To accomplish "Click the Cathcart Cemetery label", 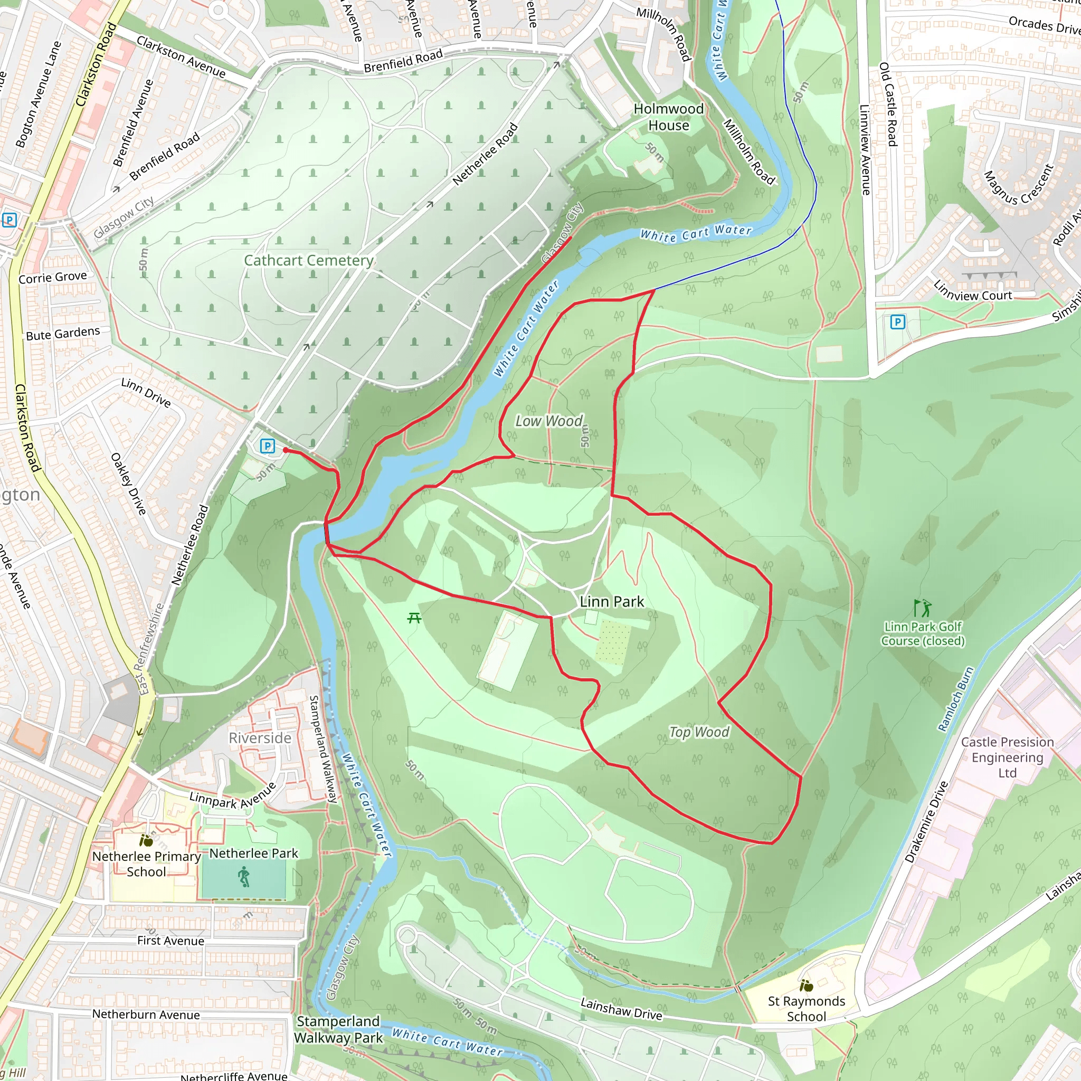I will [308, 260].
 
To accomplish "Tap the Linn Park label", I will [612, 602].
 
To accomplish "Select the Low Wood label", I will [549, 421].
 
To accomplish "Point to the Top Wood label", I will [699, 732].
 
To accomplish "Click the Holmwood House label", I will [669, 117].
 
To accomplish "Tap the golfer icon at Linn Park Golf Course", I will [922, 608].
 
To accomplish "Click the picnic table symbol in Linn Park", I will [414, 618].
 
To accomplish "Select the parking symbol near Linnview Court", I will [897, 322].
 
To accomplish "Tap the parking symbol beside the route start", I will [268, 446].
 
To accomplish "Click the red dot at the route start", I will [286, 450].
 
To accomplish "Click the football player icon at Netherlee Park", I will [243, 877].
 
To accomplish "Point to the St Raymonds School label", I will [807, 1009].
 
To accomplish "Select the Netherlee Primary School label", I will [147, 864].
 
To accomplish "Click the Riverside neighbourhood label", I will [260, 738].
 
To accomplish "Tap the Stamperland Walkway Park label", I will [338, 1029].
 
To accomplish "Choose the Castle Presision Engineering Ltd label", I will [1007, 757].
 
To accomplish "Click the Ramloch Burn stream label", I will [956, 699].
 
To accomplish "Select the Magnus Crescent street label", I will [1018, 185].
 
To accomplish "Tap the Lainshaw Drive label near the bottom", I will [621, 1009].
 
